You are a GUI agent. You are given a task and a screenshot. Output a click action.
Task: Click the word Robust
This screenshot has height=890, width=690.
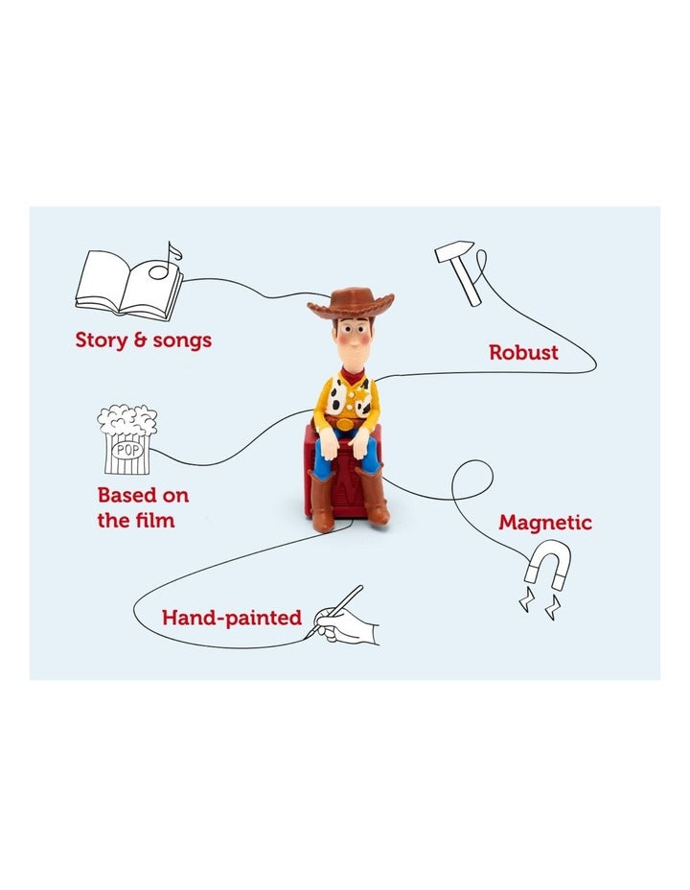[523, 352]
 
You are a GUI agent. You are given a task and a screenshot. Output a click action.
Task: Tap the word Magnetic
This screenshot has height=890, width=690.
[545, 523]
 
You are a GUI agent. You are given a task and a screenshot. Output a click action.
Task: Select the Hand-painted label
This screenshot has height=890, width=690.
[231, 618]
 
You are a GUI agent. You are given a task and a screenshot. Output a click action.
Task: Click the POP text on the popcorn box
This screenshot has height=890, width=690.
[126, 448]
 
